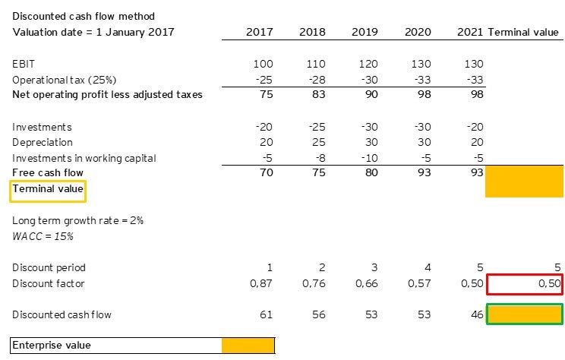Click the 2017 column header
pos(260,32)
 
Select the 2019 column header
pos(365,32)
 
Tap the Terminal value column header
pos(525,32)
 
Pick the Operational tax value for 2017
pos(263,81)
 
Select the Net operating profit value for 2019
pos(368,95)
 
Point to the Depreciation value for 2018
pos(315,142)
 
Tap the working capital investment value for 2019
pos(366,158)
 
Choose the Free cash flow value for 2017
pos(264,173)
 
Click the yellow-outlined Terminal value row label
pos(48,190)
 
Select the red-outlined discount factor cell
pos(524,283)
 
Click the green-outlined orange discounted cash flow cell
pos(524,314)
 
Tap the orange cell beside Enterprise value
pos(248,346)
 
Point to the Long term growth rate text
pos(77,220)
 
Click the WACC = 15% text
pos(43,235)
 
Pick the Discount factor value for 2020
pos(419,283)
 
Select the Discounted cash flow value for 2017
pos(265,314)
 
